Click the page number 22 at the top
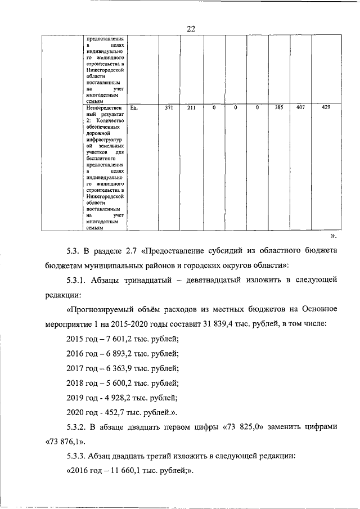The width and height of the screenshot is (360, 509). (191, 29)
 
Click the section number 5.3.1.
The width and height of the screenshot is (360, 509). (79, 279)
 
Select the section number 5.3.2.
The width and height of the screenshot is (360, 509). (79, 427)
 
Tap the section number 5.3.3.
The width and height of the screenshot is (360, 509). (79, 456)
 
